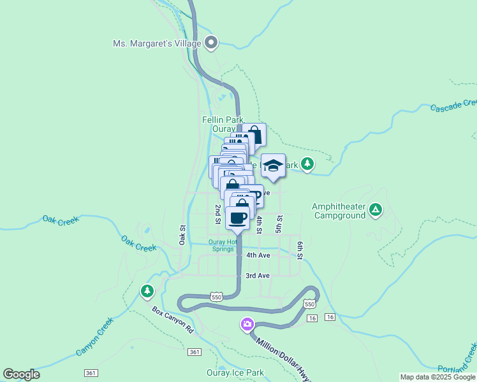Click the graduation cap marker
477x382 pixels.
pos(273,167)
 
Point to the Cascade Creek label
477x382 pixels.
pos(453,106)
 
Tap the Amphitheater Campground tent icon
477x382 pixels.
pos(376,209)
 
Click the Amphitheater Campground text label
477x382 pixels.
pos(339,211)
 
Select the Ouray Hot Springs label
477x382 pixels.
pos(222,245)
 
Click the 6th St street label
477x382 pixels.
pos(300,250)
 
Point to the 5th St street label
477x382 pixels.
pos(279,223)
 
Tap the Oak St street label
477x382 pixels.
pos(182,235)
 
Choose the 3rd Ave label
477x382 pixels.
pos(258,276)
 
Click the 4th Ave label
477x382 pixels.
pos(258,255)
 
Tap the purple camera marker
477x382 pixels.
pos(247,325)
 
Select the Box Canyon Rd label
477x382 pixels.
pos(172,320)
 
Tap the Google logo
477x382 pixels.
pos(22,374)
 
